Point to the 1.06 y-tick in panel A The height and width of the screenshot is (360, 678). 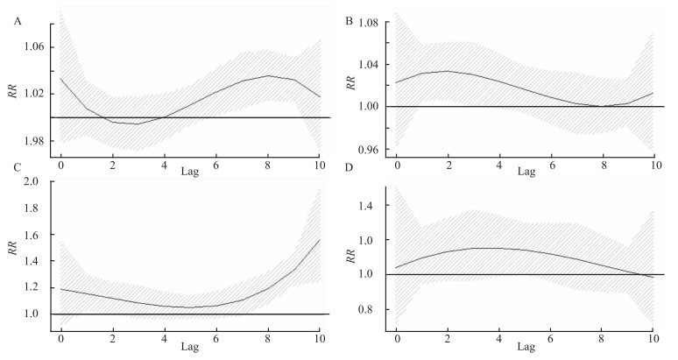[x=32, y=47]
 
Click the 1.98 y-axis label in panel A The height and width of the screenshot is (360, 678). [x=32, y=141]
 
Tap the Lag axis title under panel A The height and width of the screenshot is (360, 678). [x=190, y=172]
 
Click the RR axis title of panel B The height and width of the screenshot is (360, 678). [x=350, y=86]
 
